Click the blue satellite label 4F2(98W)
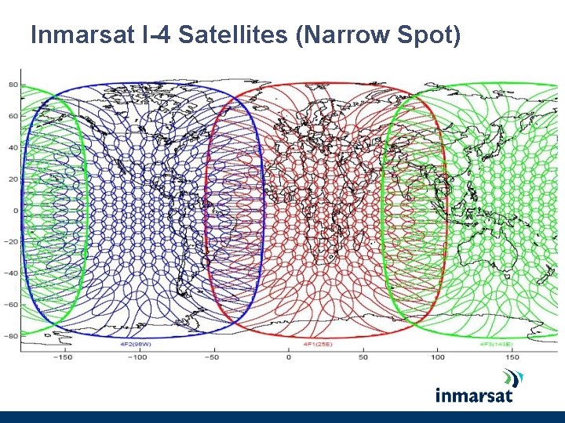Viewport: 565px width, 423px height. pos(135,344)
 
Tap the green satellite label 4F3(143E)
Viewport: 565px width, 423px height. pos(496,344)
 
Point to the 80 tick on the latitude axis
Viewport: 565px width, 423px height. pos(13,85)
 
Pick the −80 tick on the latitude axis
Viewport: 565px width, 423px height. pos(12,336)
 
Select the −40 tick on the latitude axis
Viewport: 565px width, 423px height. pos(12,273)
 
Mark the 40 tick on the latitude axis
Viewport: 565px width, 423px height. pos(13,147)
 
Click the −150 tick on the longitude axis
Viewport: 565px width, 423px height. pos(62,357)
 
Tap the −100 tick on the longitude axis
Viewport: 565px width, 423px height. pos(137,357)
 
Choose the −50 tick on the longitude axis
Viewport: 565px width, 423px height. pos(213,357)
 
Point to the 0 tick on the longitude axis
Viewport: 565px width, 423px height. pos(288,357)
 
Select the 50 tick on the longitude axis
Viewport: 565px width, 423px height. pos(363,357)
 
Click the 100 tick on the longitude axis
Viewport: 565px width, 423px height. pos(438,357)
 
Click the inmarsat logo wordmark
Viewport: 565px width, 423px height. pos(473,395)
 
